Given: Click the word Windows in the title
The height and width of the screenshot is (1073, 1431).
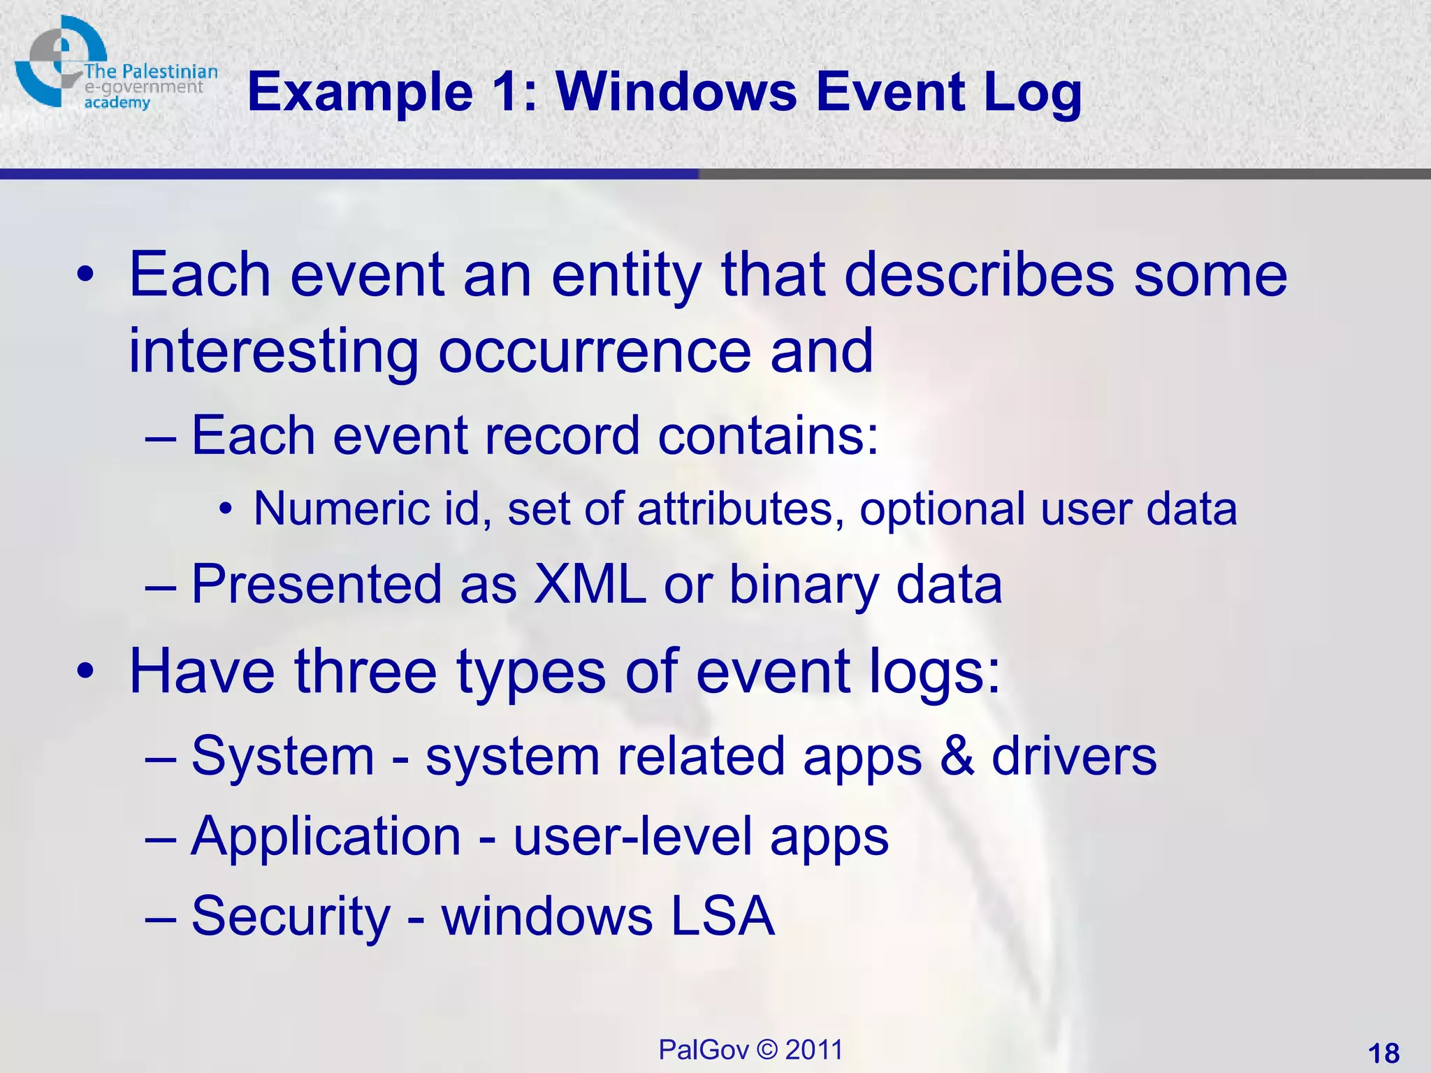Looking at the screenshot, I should (676, 92).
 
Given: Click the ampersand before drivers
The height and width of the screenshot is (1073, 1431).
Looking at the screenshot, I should (957, 757).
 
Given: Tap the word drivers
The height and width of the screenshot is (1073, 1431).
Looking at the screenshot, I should (1074, 757).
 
